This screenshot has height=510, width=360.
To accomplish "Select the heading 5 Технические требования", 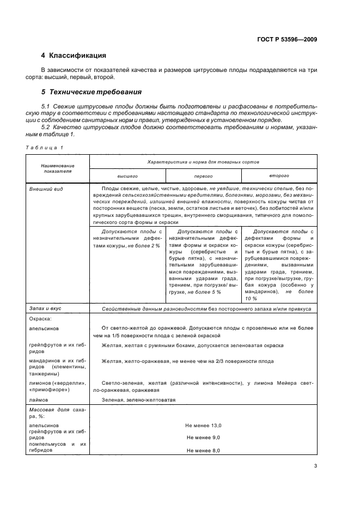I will click(x=91, y=92).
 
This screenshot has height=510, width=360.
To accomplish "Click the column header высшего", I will click(x=127, y=177).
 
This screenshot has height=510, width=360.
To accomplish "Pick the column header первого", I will click(x=203, y=177).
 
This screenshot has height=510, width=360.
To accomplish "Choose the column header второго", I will click(x=278, y=176).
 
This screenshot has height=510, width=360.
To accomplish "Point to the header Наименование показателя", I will click(x=57, y=167).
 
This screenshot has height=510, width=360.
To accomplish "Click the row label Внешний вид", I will click(x=45, y=188).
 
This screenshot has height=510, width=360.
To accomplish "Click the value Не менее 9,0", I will click(x=203, y=438).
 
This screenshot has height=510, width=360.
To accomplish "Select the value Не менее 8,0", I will click(x=203, y=451).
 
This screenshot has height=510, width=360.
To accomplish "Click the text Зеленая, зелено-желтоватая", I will click(x=138, y=399).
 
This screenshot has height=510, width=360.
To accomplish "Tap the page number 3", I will click(x=315, y=466).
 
